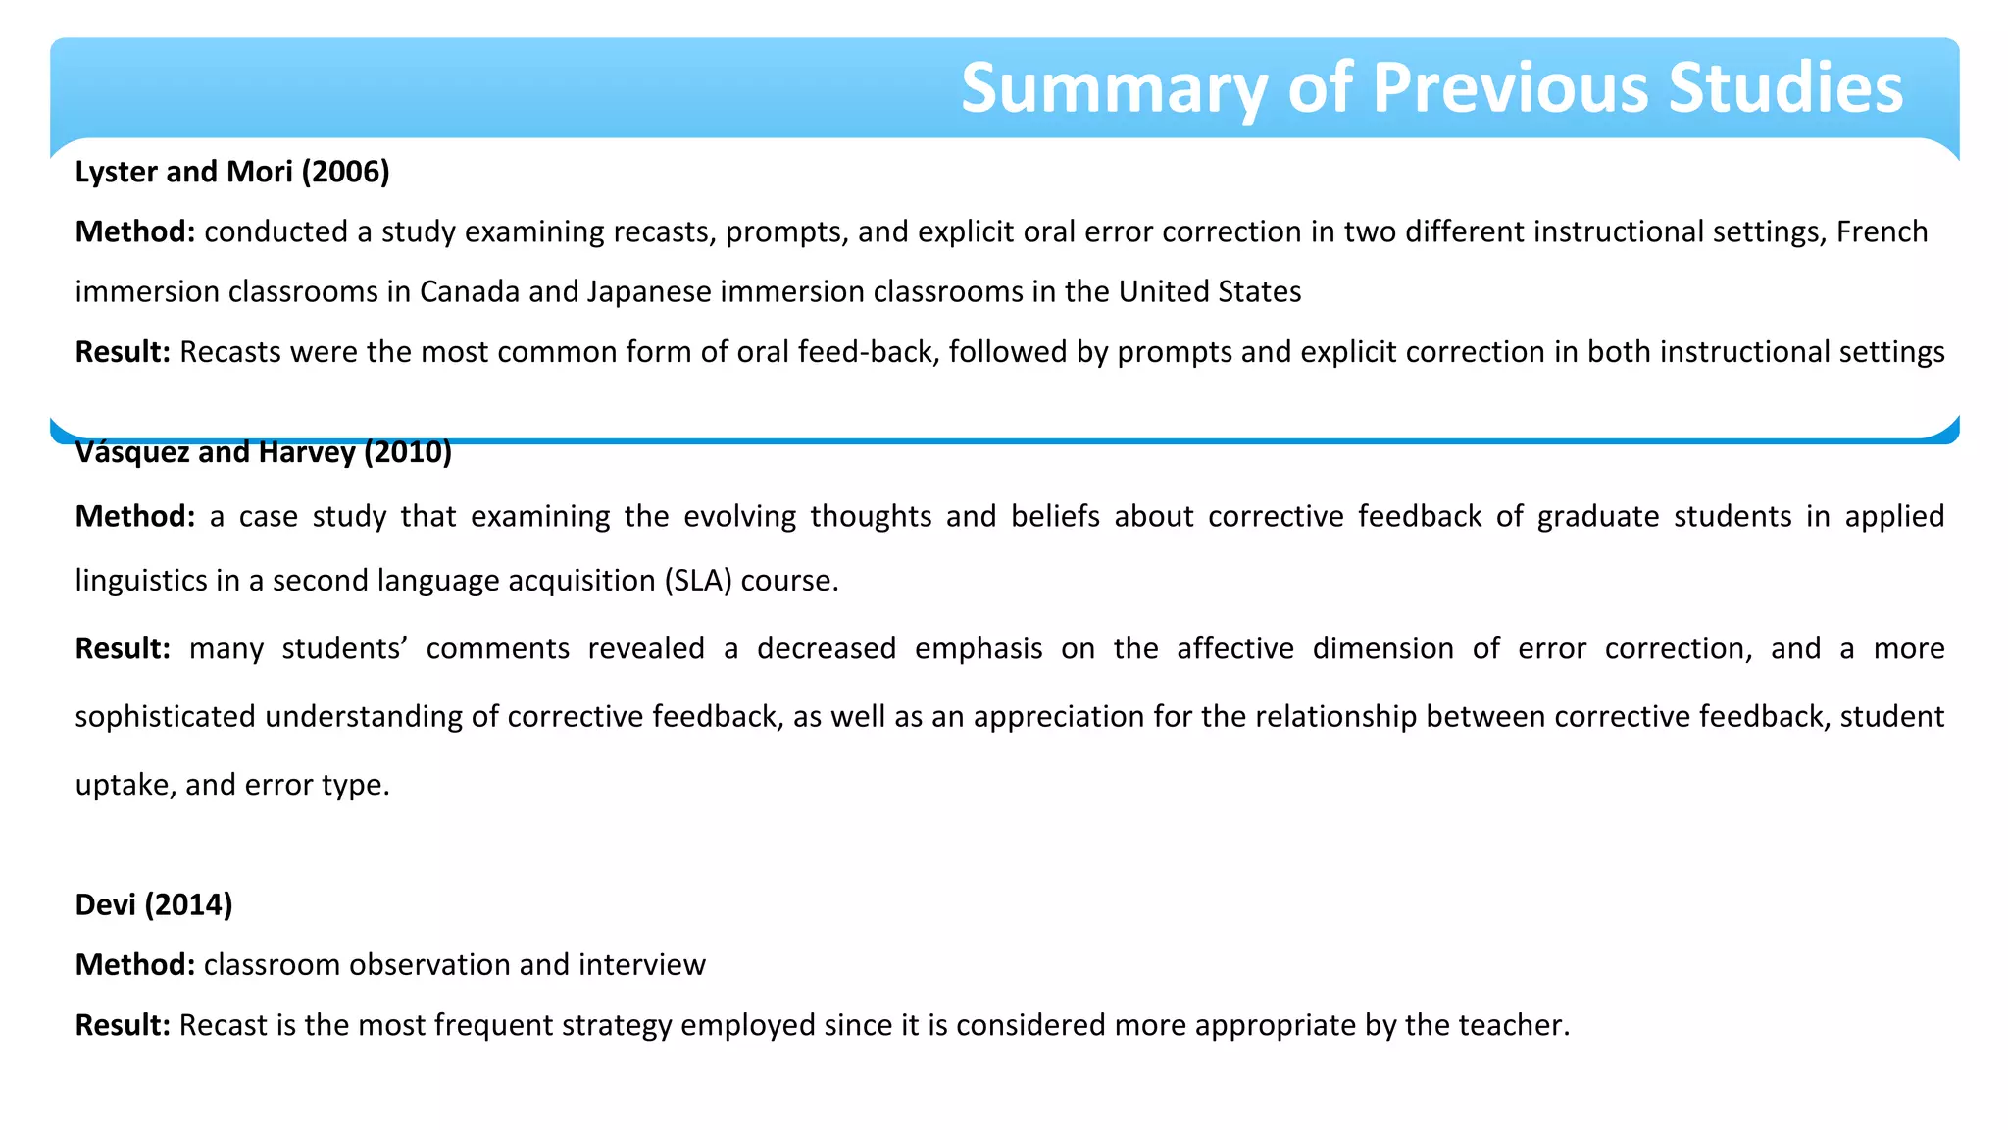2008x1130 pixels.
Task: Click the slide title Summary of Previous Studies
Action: click(x=1431, y=88)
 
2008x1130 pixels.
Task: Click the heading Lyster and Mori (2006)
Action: click(x=232, y=172)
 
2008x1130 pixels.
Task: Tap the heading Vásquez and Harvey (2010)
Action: click(x=263, y=453)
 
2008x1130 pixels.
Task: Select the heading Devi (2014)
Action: click(x=154, y=904)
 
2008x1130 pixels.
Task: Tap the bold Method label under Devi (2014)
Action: click(x=135, y=965)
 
